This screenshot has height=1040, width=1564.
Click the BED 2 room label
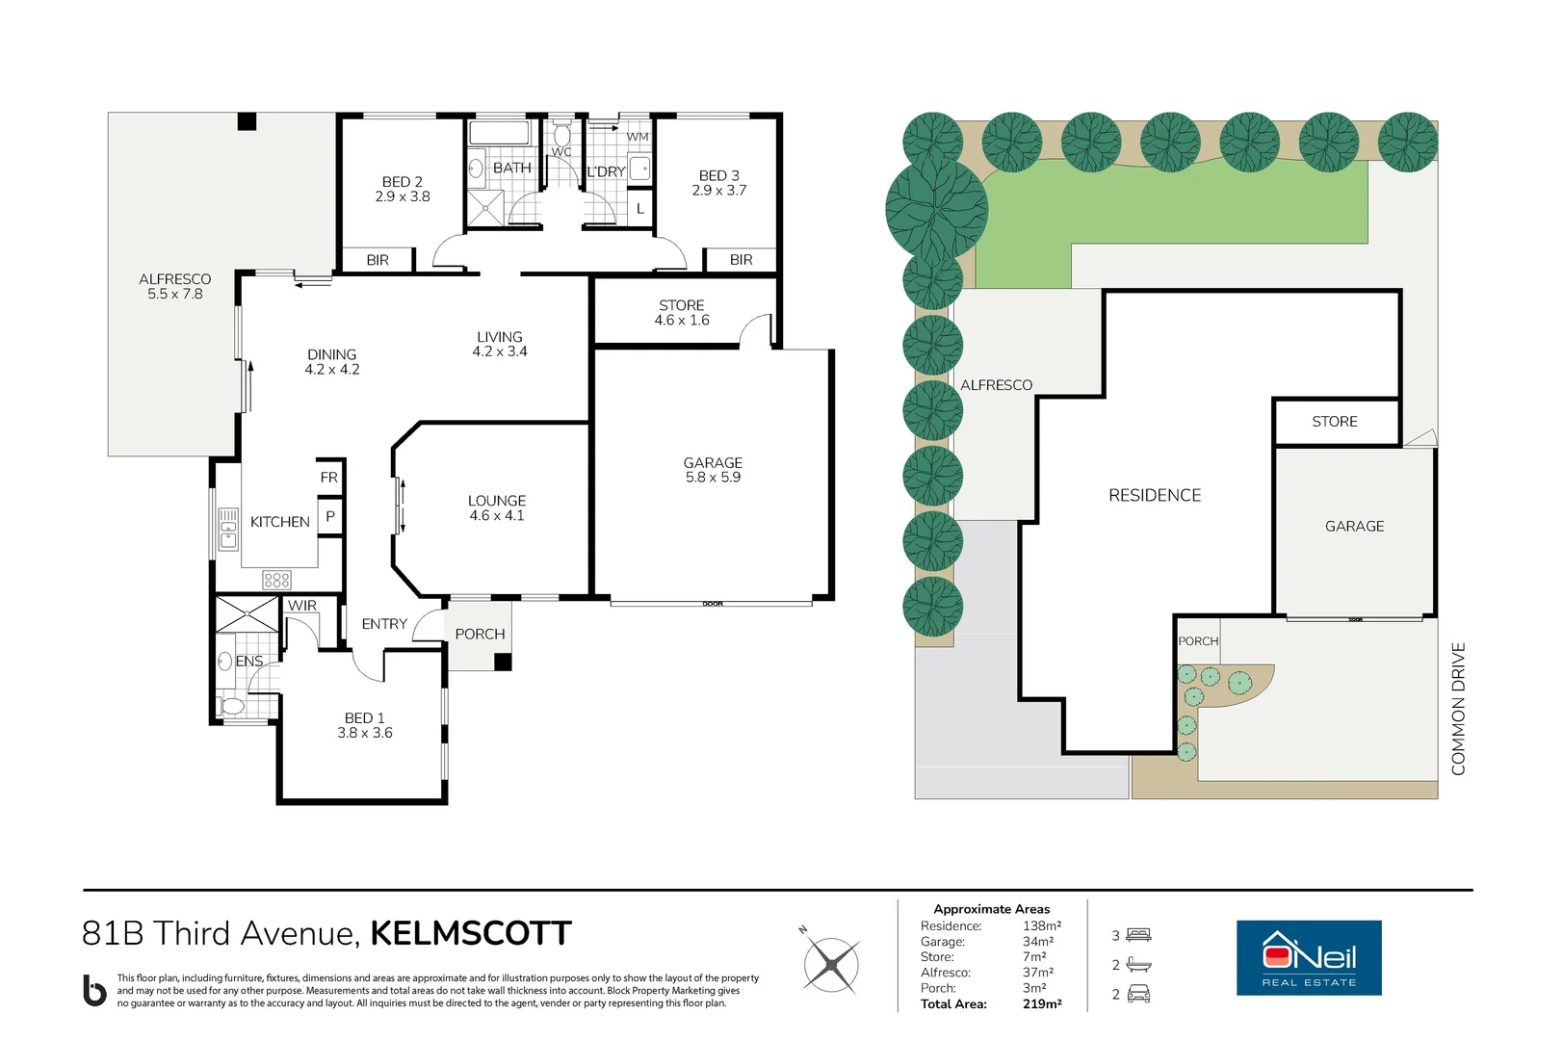(x=402, y=181)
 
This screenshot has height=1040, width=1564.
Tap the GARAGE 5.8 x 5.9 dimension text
(x=713, y=478)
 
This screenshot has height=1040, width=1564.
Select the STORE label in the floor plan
(x=682, y=305)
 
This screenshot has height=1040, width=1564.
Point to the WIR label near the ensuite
(x=301, y=605)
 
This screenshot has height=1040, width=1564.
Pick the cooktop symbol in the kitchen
(x=276, y=580)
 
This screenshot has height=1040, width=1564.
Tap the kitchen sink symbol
(x=228, y=529)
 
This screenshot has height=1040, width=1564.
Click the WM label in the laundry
(x=638, y=137)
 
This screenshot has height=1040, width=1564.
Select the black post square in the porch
(x=503, y=662)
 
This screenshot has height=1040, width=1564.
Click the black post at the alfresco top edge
(x=247, y=120)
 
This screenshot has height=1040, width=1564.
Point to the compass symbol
(x=830, y=965)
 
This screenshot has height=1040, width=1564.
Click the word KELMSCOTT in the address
(x=471, y=933)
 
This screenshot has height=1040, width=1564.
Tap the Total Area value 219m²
(x=1042, y=1003)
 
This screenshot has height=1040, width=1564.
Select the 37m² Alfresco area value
(x=1037, y=973)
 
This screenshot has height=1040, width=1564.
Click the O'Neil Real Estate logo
(x=1309, y=957)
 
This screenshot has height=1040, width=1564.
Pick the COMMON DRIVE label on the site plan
(x=1458, y=709)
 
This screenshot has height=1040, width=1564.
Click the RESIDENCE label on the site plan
(x=1155, y=495)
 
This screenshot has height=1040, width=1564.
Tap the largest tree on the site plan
(x=936, y=209)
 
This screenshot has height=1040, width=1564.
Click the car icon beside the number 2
(x=1138, y=993)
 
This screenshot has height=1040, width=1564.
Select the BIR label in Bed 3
(x=741, y=260)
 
